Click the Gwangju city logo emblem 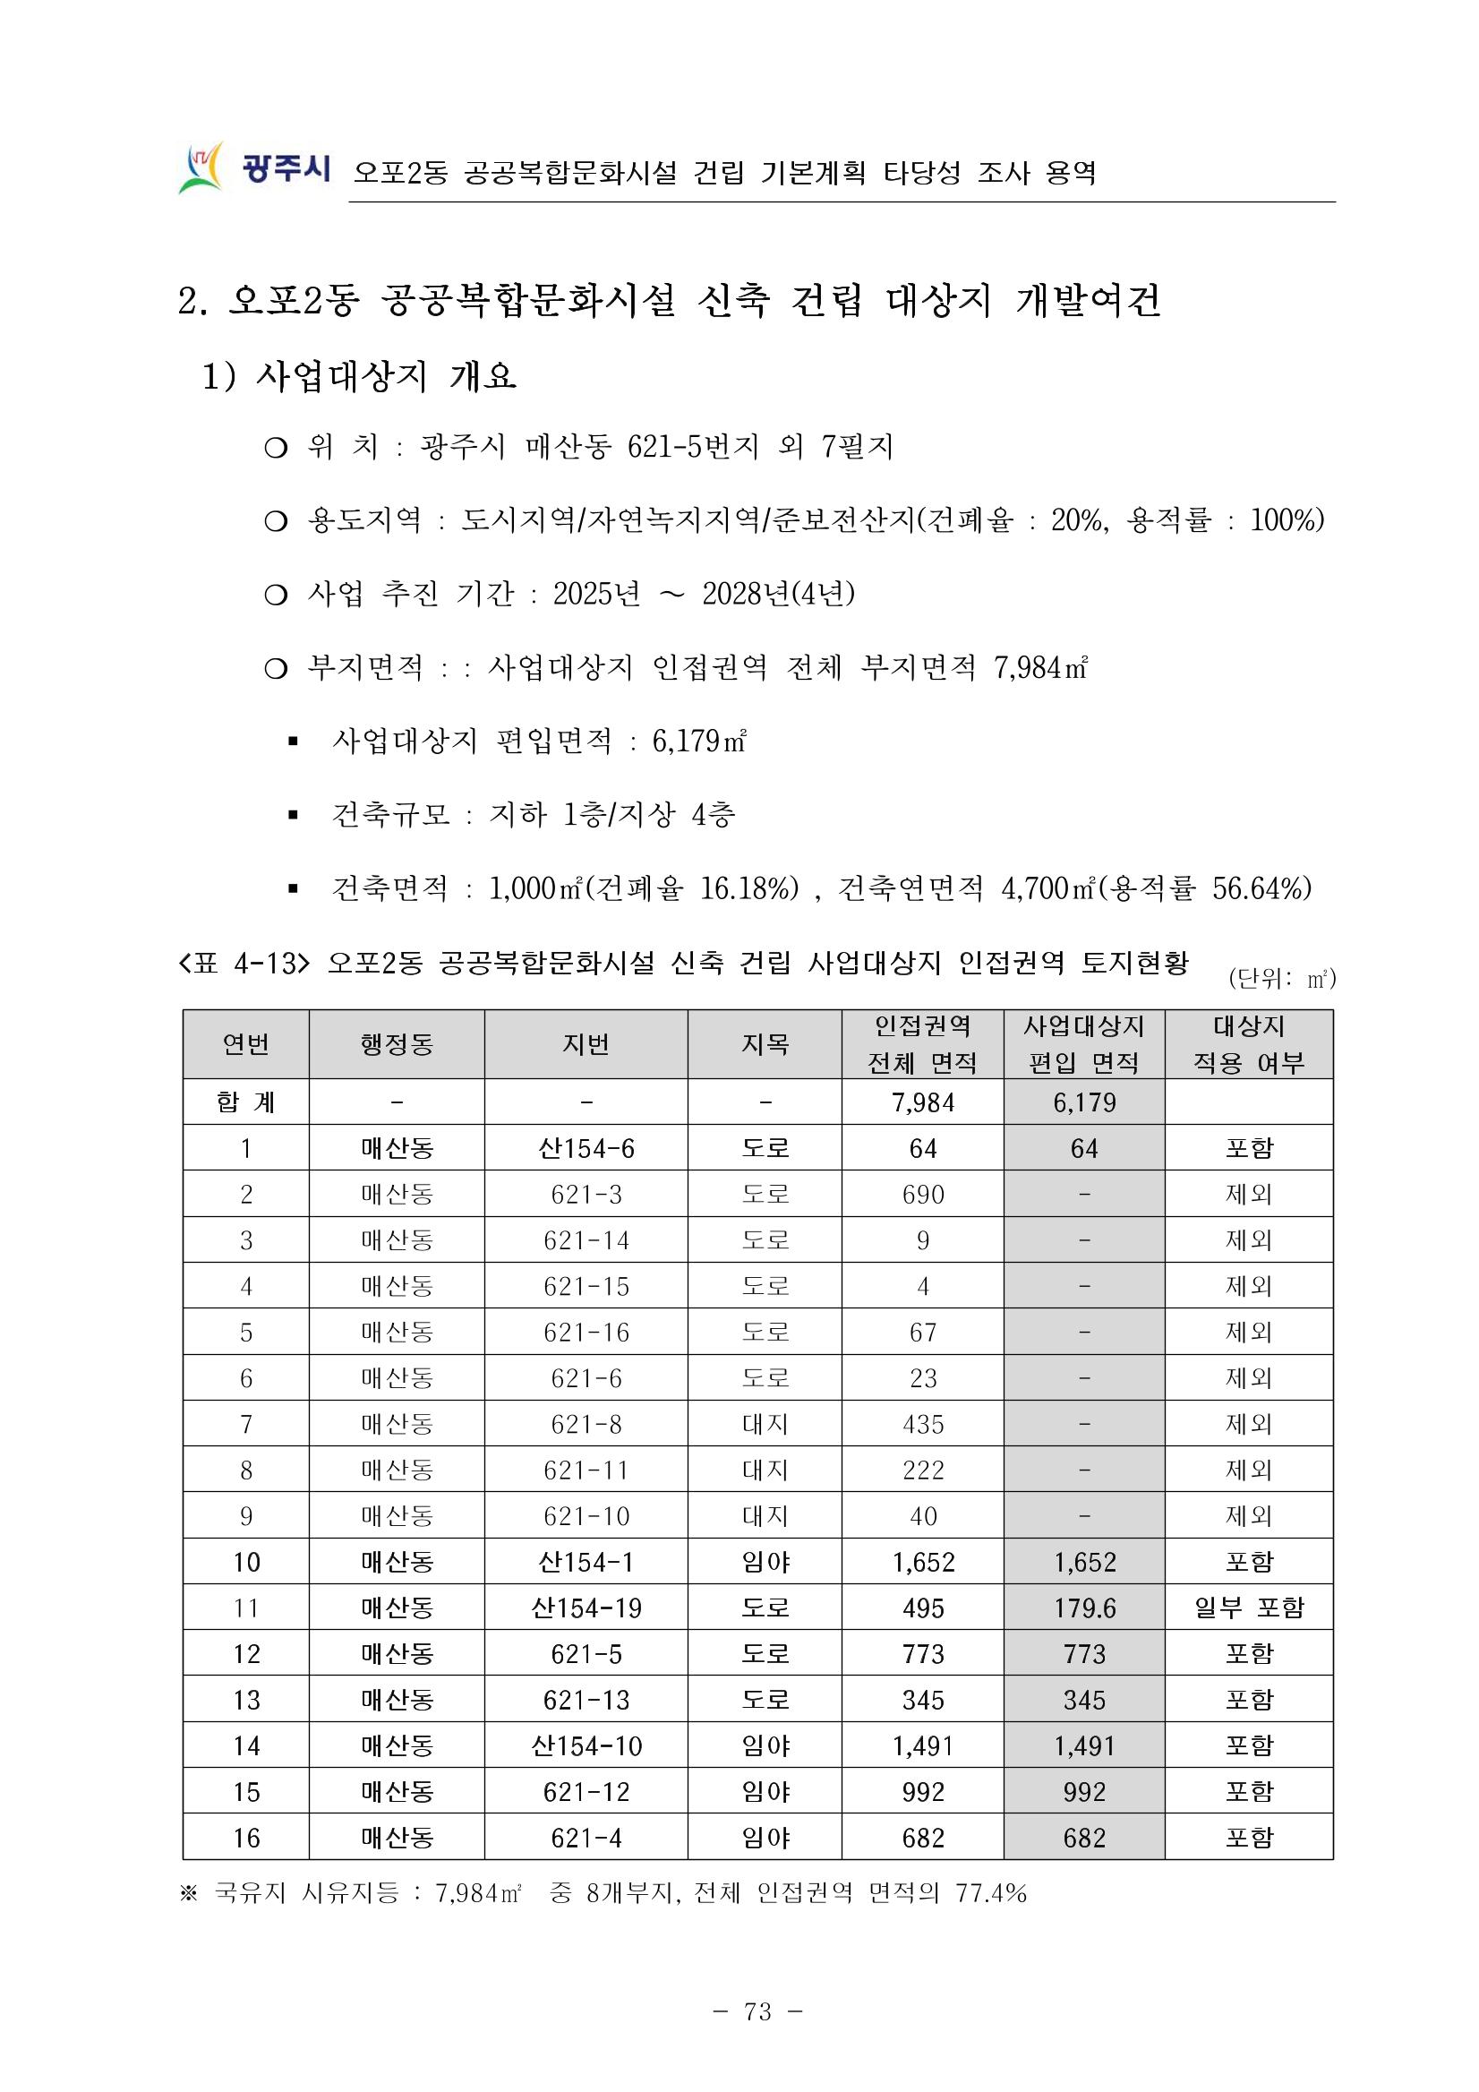tap(201, 167)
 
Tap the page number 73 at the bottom tap(757, 2011)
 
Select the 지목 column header tap(764, 1044)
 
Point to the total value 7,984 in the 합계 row tap(922, 1102)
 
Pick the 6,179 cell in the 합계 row tap(1084, 1102)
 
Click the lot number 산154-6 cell tap(586, 1148)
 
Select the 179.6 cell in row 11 tap(1084, 1608)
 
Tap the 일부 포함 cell tap(1249, 1608)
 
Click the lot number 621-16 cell tap(586, 1332)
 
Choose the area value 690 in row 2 tap(922, 1195)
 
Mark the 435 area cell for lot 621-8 tap(922, 1424)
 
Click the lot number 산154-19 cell tap(586, 1608)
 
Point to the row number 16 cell tap(246, 1838)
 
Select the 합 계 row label tap(246, 1102)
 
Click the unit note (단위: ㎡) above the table tap(1281, 980)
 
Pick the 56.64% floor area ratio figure tap(1261, 887)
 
